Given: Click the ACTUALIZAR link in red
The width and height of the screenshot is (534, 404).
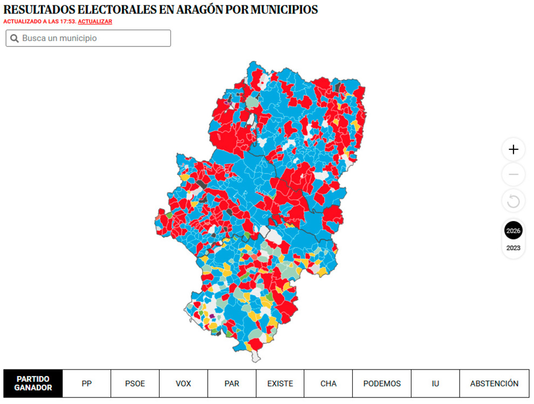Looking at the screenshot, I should click(95, 22).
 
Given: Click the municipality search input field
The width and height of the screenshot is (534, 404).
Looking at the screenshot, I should click(94, 38).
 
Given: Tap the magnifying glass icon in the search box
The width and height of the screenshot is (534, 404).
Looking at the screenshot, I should click(15, 39).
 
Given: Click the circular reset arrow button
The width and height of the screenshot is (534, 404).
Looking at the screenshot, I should click(513, 202).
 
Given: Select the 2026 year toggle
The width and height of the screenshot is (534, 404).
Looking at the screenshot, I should click(513, 231).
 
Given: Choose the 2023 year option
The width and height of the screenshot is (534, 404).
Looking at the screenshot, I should click(513, 248).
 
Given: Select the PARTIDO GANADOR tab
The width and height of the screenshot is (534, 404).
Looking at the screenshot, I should click(33, 384).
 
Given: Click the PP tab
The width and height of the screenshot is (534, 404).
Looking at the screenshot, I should click(87, 384).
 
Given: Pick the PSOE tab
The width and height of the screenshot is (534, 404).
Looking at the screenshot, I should click(135, 384).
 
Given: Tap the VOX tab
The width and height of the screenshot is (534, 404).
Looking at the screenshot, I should click(183, 384).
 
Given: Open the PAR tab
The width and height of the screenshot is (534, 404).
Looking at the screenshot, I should click(231, 384).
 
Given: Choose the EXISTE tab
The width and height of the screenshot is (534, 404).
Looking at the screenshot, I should click(280, 384).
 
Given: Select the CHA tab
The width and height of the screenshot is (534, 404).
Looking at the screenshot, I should click(328, 384).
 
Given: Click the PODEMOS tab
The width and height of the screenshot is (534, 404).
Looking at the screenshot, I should click(382, 384).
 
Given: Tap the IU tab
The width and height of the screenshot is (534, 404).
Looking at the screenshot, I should click(435, 384).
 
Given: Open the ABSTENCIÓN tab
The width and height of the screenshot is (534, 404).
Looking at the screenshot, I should click(494, 384).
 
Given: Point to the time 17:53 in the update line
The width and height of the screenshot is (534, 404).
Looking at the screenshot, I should click(68, 22).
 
